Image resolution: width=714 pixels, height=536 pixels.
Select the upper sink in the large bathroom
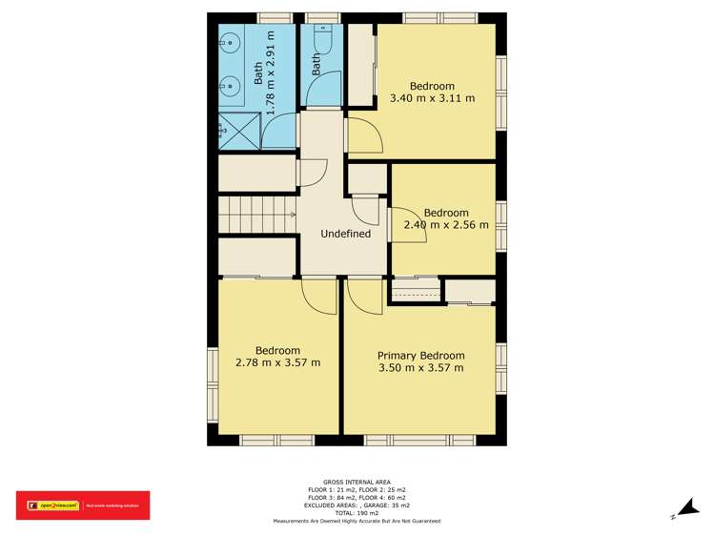click(229, 43)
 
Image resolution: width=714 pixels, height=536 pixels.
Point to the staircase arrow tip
click(292, 216)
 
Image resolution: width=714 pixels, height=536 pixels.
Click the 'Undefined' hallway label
click(345, 234)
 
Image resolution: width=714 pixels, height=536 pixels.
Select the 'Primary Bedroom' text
click(420, 354)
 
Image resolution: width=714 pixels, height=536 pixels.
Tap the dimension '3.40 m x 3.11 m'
click(432, 98)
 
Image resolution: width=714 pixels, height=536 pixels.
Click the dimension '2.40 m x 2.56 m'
click(446, 225)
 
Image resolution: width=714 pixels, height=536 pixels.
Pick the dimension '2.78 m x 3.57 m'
click(277, 362)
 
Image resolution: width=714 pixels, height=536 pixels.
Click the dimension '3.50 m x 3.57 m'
click(420, 367)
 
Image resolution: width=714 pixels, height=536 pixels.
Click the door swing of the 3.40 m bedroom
click(365, 135)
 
